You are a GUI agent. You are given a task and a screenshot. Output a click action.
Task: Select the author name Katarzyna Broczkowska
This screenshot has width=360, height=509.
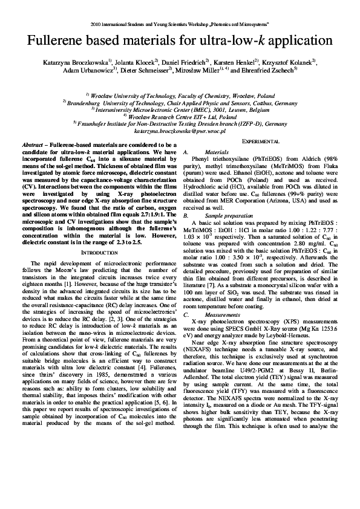tap(78, 62)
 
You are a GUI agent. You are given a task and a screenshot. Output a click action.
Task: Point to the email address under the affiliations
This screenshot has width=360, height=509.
tap(180, 129)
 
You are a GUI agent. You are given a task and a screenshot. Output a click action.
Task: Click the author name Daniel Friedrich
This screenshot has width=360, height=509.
tap(184, 62)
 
